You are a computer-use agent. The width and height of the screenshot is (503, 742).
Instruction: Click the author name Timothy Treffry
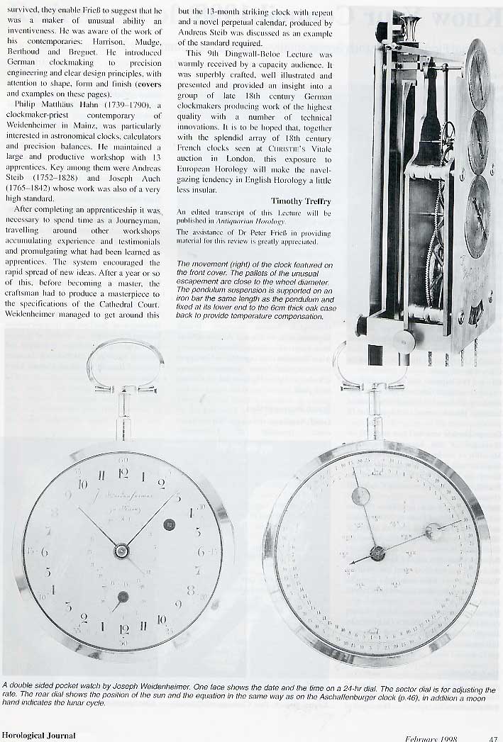point(301,201)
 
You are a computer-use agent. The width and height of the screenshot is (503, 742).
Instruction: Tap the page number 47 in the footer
point(492,737)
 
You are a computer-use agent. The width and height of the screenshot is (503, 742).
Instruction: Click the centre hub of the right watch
point(377,553)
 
